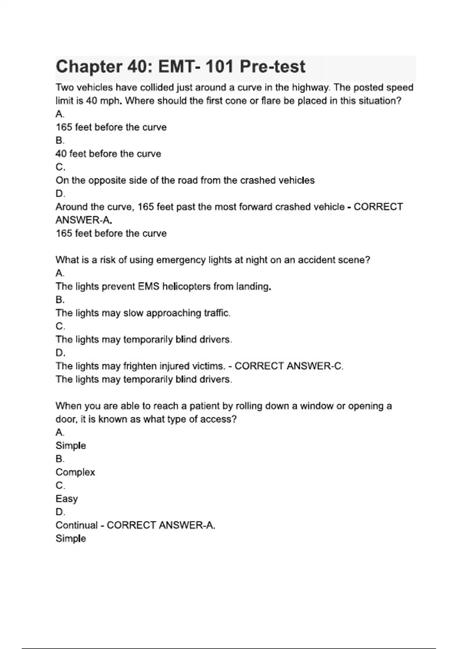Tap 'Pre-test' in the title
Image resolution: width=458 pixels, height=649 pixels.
click(272, 67)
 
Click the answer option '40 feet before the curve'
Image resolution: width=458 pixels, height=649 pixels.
click(108, 154)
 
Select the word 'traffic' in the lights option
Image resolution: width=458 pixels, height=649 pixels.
click(216, 313)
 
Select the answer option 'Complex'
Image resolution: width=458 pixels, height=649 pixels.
click(75, 472)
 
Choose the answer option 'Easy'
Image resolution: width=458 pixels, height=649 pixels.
click(67, 499)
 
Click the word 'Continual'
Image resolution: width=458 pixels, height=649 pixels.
click(76, 525)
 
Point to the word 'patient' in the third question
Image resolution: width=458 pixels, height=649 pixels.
click(206, 406)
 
